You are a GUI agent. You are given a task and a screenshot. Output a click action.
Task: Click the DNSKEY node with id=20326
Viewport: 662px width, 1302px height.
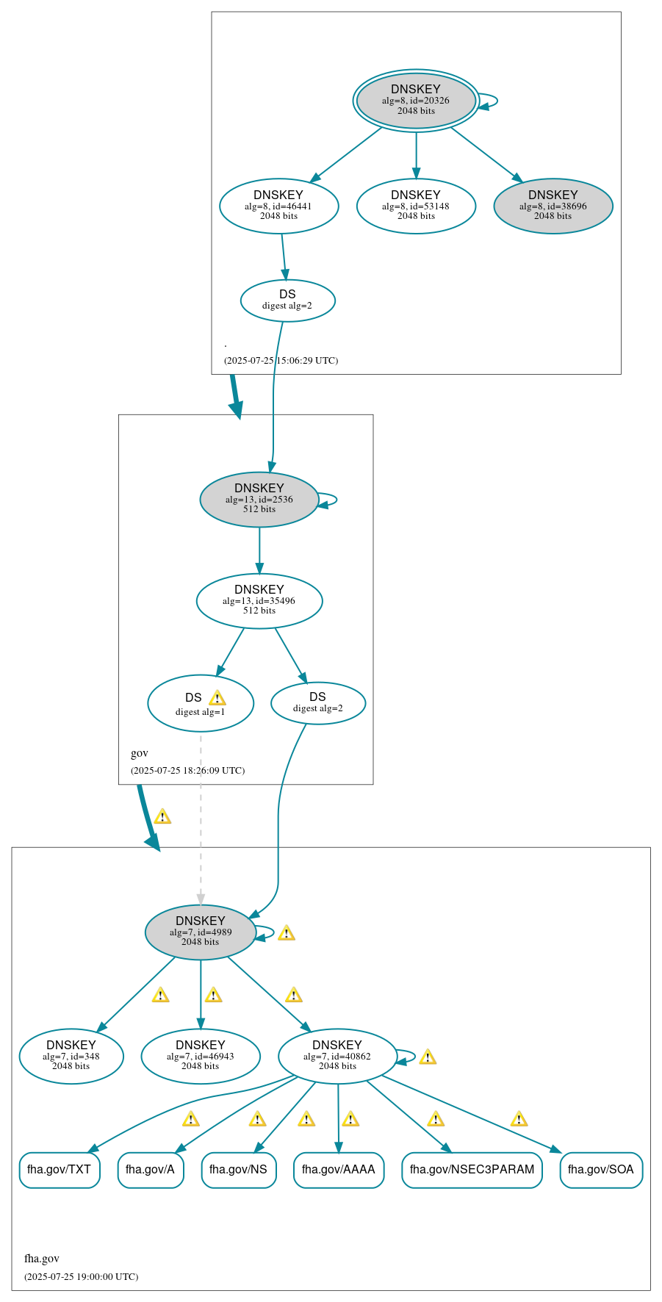click(x=416, y=100)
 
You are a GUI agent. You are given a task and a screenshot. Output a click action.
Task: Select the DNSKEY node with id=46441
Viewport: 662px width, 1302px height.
click(x=278, y=206)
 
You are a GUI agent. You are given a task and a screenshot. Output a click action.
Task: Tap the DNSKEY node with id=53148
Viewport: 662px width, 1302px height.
click(x=416, y=206)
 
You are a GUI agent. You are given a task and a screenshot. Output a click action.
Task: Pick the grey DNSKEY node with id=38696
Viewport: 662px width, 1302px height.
click(x=553, y=206)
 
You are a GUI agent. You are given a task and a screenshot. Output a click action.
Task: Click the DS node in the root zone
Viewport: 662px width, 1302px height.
click(x=287, y=300)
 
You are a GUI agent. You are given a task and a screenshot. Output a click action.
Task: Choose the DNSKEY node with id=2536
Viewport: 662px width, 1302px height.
click(x=259, y=499)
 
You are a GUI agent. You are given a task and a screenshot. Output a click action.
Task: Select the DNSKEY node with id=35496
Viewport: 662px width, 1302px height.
click(x=259, y=600)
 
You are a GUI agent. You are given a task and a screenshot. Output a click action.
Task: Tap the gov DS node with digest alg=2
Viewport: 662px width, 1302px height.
click(x=318, y=702)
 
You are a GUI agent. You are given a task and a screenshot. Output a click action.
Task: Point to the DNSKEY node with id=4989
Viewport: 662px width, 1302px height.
click(x=201, y=932)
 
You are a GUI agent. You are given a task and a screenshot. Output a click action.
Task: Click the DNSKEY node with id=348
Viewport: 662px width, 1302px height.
click(x=71, y=1056)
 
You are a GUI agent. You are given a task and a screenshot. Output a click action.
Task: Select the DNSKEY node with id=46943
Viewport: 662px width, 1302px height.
click(x=201, y=1056)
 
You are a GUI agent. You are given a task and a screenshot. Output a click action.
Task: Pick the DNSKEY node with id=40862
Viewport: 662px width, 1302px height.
click(x=337, y=1056)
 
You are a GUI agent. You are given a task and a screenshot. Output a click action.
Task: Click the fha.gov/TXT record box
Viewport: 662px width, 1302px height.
click(x=60, y=1170)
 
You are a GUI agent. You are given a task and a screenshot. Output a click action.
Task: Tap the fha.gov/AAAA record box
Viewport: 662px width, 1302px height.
click(x=339, y=1170)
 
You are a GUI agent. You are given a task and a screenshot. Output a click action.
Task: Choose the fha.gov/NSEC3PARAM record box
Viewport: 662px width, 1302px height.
click(x=472, y=1170)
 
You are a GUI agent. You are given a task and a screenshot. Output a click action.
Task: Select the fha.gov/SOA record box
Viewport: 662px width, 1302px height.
click(x=601, y=1170)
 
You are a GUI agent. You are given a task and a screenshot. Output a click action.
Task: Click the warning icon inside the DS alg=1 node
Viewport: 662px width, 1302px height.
click(x=217, y=698)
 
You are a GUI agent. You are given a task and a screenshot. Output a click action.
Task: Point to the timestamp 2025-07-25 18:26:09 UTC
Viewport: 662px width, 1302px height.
click(x=187, y=771)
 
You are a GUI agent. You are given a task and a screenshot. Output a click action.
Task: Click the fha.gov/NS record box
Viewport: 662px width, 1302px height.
click(x=239, y=1170)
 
